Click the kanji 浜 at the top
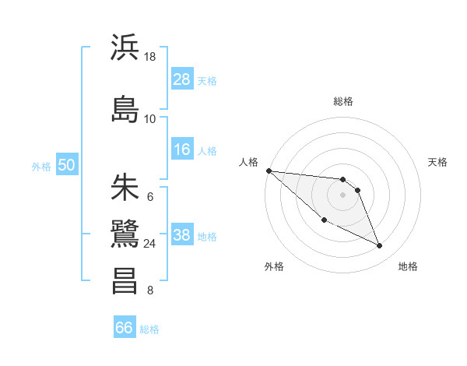[x=125, y=48]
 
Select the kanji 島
[x=125, y=108]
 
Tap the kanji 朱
[x=125, y=187]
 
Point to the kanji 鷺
[x=125, y=234]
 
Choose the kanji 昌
[x=125, y=280]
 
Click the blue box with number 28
[x=181, y=79]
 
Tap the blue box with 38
[x=181, y=234]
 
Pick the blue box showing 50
[x=66, y=164]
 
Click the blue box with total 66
[x=125, y=328]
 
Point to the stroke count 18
[x=150, y=57]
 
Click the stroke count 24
[x=150, y=244]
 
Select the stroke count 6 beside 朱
[x=150, y=196]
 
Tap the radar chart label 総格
[x=342, y=101]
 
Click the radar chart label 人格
[x=249, y=162]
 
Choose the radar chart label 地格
[x=408, y=267]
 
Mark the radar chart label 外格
[x=274, y=267]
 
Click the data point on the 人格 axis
[x=269, y=171]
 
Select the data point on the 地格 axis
[x=380, y=246]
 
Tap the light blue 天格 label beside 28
[x=207, y=80]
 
